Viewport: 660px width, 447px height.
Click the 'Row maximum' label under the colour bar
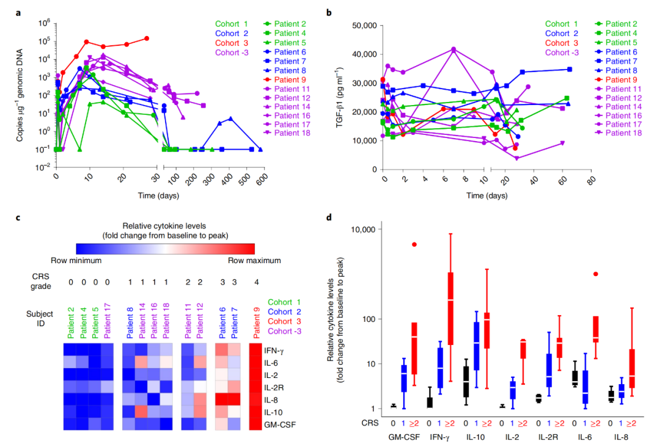(x=256, y=260)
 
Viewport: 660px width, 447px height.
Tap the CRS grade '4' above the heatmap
(x=255, y=283)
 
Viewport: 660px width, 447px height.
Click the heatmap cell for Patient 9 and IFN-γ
(x=256, y=351)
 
